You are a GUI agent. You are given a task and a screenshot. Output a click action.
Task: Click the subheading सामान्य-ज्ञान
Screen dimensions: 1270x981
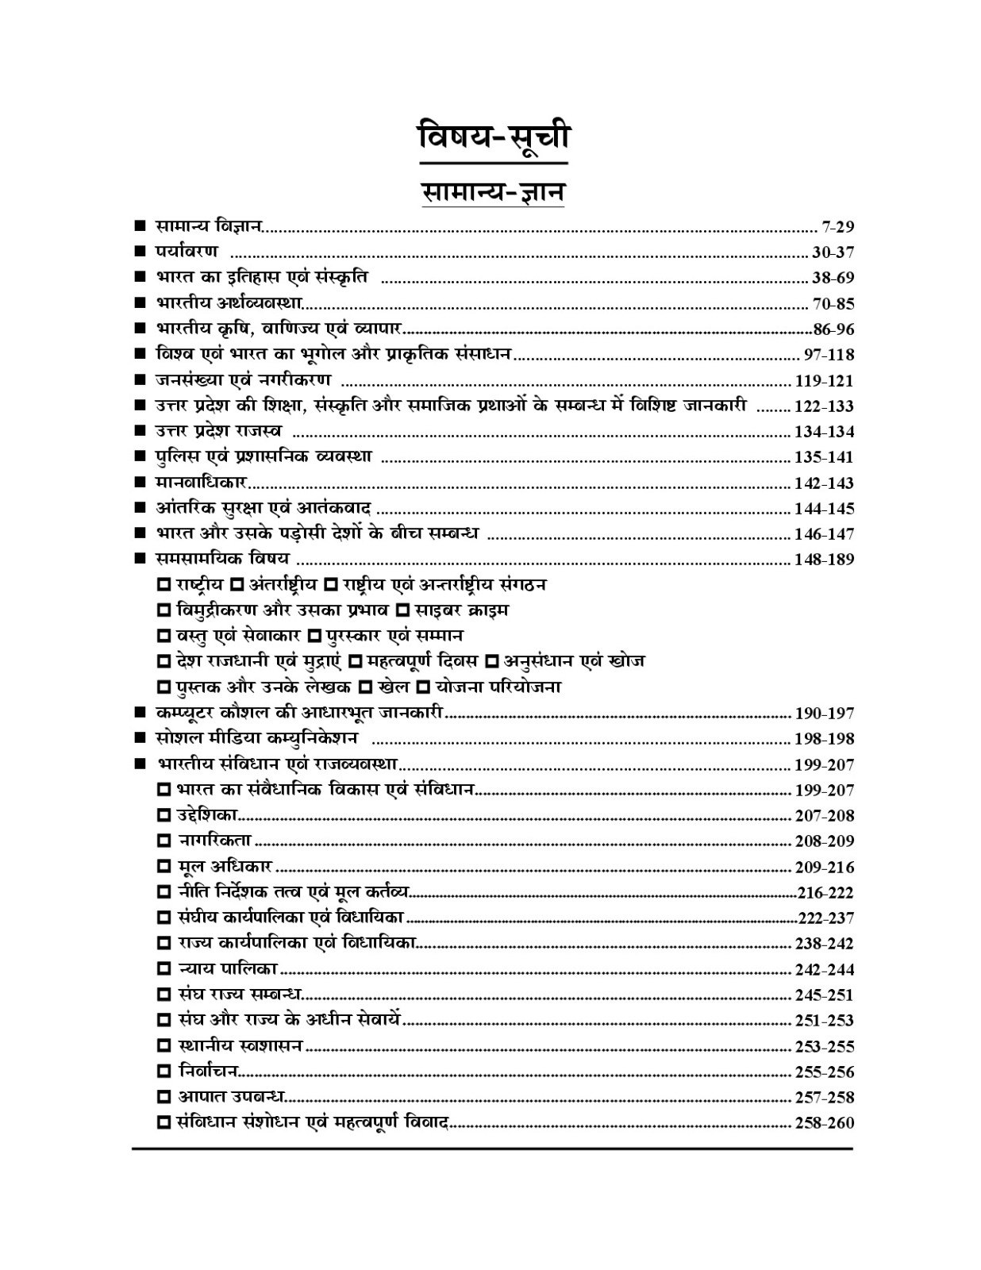point(493,192)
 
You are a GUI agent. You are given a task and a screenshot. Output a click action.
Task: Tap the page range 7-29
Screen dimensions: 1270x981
point(838,227)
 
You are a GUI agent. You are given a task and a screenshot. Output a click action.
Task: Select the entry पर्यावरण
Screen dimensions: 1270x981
point(187,252)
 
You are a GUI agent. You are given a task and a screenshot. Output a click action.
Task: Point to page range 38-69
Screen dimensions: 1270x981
point(833,278)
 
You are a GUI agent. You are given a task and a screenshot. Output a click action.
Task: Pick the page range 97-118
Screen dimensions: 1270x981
point(829,355)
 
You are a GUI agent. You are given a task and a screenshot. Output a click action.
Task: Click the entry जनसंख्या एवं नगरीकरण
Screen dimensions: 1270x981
point(243,379)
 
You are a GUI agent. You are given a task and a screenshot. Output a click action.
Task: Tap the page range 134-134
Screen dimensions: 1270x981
point(824,432)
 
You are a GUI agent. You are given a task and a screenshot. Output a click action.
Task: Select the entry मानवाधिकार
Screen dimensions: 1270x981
point(202,482)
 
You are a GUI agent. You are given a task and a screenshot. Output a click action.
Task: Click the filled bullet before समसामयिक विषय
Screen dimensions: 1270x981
point(140,559)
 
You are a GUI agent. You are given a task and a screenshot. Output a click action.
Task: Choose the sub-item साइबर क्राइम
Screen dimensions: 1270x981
point(462,610)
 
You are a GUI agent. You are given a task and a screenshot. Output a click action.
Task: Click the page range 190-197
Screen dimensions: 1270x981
point(824,713)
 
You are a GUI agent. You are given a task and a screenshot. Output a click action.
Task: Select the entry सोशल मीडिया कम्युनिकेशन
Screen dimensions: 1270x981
point(257,738)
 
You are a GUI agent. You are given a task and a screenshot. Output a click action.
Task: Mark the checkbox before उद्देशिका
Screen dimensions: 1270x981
point(164,815)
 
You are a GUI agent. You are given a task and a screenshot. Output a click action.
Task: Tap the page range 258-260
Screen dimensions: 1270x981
point(824,1123)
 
